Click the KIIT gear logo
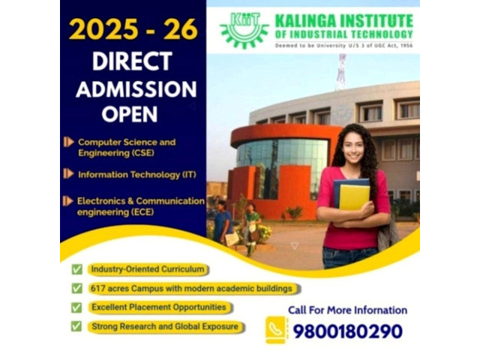tap(244, 30)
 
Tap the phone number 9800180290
tap(348, 331)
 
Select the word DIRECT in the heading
tap(132, 61)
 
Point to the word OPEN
tap(130, 114)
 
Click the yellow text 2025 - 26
tap(133, 29)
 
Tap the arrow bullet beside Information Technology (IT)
tap(68, 173)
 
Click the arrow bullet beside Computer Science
tap(68, 142)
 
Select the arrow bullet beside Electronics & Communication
tap(68, 201)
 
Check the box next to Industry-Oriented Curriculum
tap(76, 269)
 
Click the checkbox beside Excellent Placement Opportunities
tap(76, 307)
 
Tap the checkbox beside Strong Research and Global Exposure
tap(76, 326)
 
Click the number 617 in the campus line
tap(97, 288)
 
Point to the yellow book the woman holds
tap(354, 197)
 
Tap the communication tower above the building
tap(341, 71)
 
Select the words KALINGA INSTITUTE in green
tap(344, 22)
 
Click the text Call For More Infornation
tap(348, 310)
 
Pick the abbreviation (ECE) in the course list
tap(142, 211)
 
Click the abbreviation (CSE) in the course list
tap(142, 153)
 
